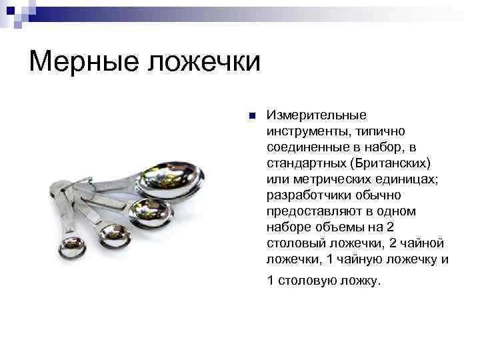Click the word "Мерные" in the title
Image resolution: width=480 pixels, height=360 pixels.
[x=82, y=62]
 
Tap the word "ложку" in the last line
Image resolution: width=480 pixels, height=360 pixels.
[x=360, y=281]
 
